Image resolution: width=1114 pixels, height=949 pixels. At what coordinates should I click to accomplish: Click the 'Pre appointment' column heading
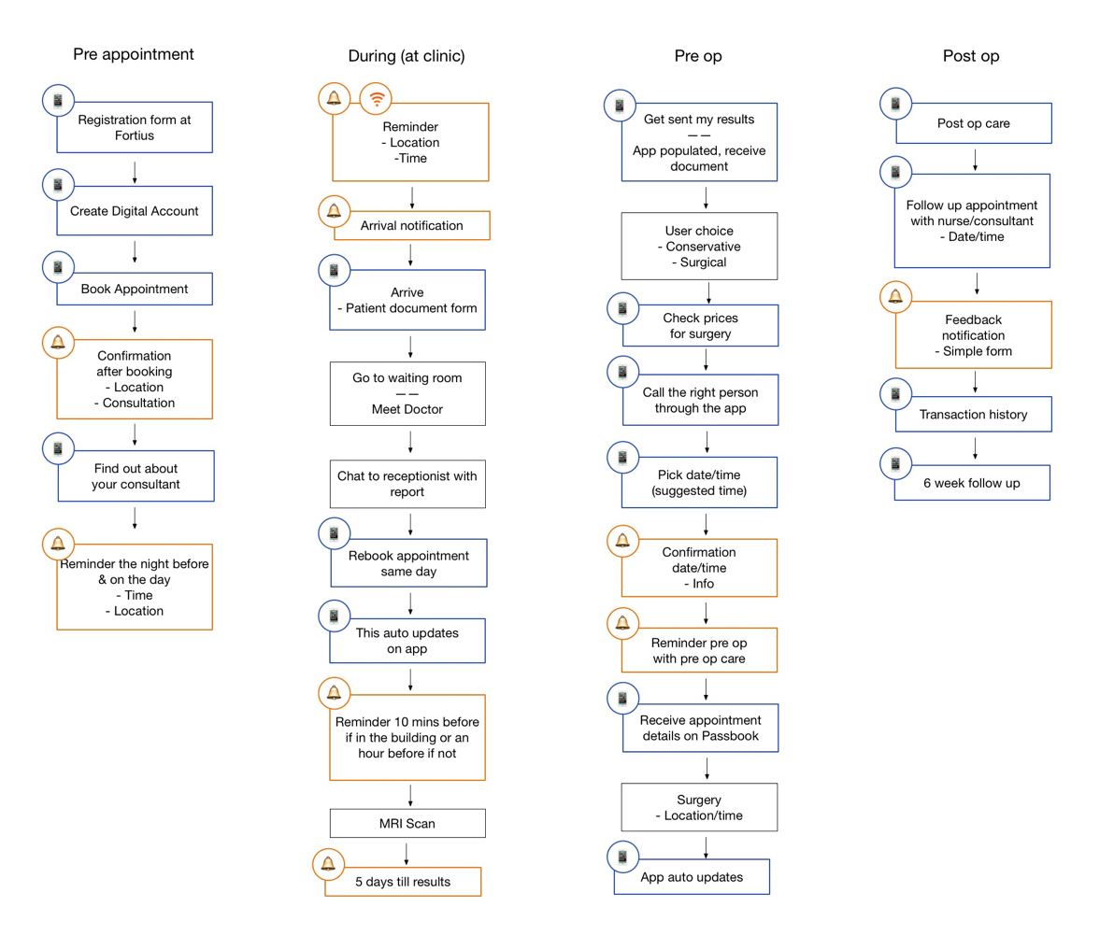134,54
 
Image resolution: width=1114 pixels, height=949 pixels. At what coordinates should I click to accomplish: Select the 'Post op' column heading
970,56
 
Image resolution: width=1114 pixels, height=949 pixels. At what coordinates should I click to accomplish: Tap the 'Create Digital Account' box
135,211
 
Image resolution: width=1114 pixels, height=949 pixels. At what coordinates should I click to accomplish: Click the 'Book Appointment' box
135,290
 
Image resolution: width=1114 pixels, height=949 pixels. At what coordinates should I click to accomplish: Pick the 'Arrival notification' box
411,225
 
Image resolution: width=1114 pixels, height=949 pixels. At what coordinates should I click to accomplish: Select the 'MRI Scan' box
407,823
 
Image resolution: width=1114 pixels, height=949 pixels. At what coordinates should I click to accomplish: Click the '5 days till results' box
403,882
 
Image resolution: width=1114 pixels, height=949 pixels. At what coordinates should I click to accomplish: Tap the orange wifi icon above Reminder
376,99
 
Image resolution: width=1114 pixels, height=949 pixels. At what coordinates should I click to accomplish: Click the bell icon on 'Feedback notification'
896,297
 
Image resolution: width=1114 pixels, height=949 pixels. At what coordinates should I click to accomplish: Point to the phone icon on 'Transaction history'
896,394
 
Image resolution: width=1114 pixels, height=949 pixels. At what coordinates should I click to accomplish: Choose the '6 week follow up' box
972,483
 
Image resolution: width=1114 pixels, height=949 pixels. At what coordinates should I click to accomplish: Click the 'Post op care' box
973,123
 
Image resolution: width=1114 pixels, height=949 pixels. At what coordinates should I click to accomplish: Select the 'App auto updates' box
692,876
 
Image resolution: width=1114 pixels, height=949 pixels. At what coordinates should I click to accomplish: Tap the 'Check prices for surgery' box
700,325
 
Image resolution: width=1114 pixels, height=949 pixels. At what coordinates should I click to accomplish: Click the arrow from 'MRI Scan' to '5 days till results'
407,854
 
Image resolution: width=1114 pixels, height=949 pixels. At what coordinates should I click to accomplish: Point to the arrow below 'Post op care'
975,160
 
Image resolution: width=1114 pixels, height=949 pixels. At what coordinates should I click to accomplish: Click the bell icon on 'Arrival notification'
334,212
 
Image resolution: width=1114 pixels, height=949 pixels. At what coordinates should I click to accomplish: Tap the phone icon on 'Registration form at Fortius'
58,101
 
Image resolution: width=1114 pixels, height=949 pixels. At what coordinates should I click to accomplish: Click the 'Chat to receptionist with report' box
407,484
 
